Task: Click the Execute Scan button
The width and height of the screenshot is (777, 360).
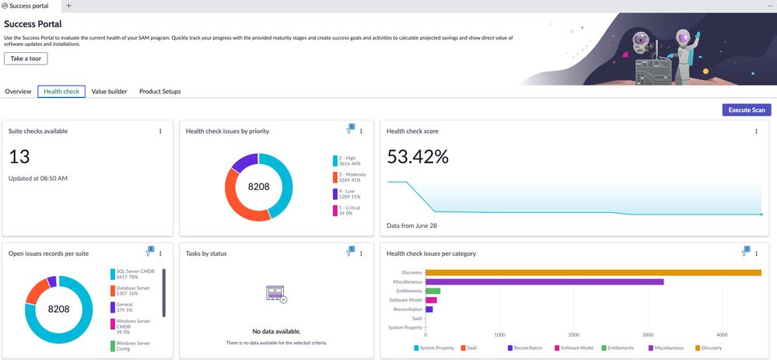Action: [x=747, y=110]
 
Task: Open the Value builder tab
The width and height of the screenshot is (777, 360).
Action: [x=109, y=92]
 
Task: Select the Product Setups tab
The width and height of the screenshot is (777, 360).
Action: [x=159, y=92]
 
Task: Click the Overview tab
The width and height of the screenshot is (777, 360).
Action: [x=18, y=92]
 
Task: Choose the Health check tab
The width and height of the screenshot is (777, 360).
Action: [x=61, y=92]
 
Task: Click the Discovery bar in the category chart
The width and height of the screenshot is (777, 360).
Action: [x=593, y=272]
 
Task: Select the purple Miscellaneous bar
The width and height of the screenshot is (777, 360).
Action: [x=544, y=281]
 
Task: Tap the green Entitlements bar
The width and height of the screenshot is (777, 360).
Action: [x=432, y=291]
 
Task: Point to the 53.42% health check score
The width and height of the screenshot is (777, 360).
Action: [x=418, y=156]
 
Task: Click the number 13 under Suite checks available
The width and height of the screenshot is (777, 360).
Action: [x=19, y=156]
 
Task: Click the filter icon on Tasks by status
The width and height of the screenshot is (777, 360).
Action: [x=349, y=253]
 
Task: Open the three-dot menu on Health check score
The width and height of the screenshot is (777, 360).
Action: [x=756, y=131]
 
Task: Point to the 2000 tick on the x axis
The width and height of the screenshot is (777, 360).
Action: [x=573, y=335]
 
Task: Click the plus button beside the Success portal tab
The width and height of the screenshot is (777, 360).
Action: [x=68, y=5]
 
